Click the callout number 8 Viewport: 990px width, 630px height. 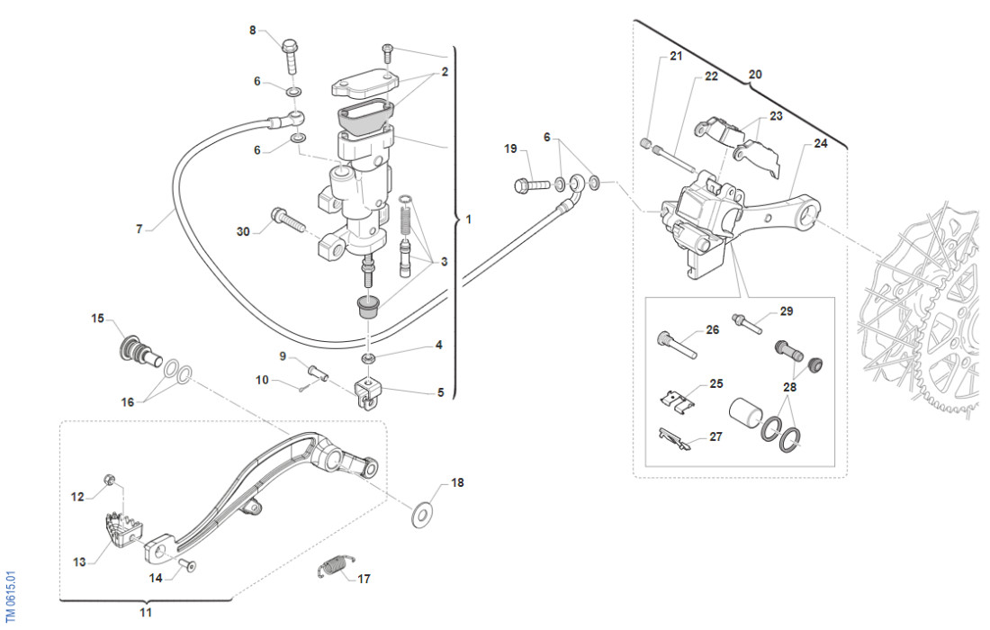click(x=253, y=31)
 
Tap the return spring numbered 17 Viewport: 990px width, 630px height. click(x=334, y=567)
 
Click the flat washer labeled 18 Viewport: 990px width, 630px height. click(x=421, y=515)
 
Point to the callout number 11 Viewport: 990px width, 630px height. click(x=146, y=613)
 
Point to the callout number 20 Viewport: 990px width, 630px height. click(x=755, y=75)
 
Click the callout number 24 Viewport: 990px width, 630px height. click(x=820, y=143)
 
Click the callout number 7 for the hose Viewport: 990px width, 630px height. click(x=139, y=229)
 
